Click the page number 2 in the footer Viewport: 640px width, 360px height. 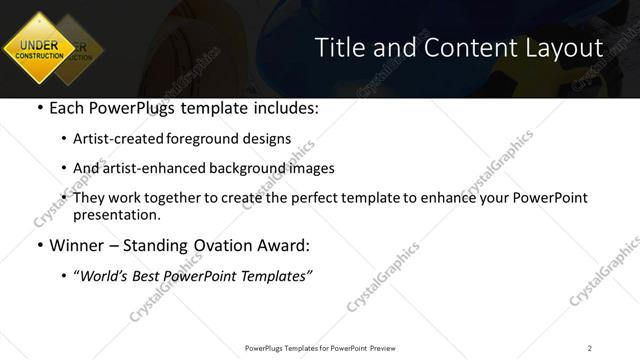pos(590,347)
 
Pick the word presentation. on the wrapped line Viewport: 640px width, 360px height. pos(116,214)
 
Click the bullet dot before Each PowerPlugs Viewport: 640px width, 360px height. pos(38,108)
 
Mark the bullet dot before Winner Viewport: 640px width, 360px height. pos(38,245)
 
